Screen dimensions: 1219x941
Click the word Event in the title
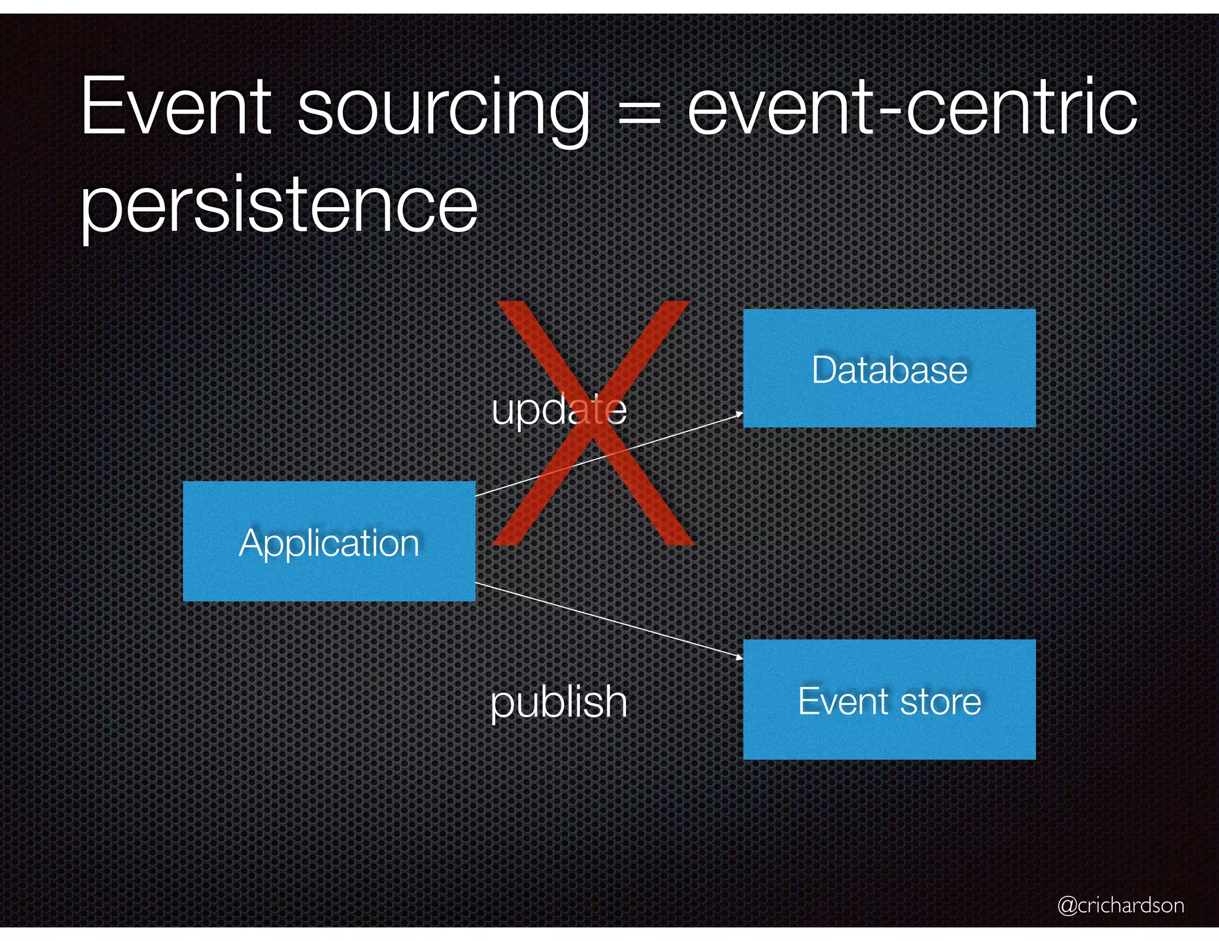pyautogui.click(x=176, y=108)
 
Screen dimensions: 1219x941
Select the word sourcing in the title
pyautogui.click(x=443, y=110)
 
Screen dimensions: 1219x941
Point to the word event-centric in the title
pyautogui.click(x=912, y=108)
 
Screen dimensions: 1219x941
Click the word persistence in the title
pyautogui.click(x=279, y=205)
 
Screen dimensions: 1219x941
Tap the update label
pyautogui.click(x=559, y=409)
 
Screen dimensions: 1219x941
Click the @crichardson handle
pyautogui.click(x=1120, y=905)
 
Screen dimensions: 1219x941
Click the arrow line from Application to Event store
pyautogui.click(x=607, y=620)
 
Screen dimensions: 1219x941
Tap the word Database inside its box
pyautogui.click(x=889, y=370)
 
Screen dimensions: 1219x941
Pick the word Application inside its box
pyautogui.click(x=329, y=543)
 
